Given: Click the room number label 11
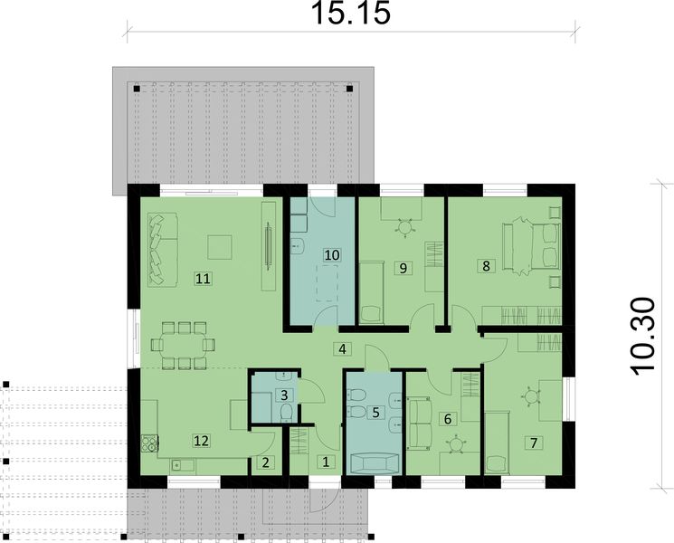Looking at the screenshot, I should tap(203, 279).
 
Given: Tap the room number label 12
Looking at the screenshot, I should tap(202, 441).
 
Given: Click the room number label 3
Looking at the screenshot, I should tap(283, 395).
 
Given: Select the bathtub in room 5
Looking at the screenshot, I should tap(374, 462).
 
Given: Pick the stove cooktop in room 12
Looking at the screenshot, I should tap(147, 444).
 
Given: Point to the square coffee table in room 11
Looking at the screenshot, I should tap(219, 246).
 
